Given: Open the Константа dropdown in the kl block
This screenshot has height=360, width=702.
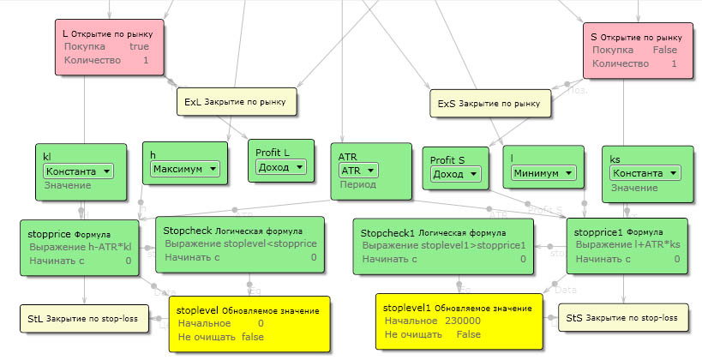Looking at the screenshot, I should (x=79, y=171).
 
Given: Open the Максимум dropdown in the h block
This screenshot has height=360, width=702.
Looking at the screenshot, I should (x=185, y=169).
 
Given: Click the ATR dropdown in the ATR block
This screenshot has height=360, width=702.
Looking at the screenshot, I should (x=359, y=171).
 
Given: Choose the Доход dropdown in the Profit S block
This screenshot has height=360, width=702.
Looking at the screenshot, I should (x=454, y=173).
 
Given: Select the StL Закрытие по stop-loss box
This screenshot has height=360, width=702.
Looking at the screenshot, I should (x=82, y=317).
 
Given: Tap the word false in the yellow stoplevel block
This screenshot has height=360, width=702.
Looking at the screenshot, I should (x=253, y=337).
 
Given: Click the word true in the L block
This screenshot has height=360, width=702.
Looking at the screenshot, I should (x=139, y=47).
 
